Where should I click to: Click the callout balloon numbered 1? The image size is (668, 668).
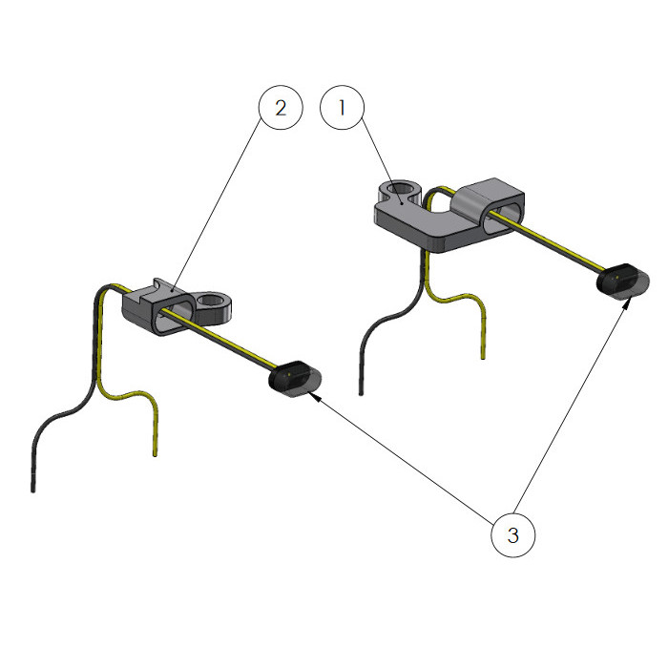click(x=342, y=108)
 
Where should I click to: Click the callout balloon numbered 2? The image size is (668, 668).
click(x=281, y=108)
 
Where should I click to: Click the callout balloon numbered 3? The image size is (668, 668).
click(x=513, y=535)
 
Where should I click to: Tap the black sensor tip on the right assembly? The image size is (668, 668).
click(x=623, y=282)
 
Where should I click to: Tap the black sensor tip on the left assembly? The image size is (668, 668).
click(x=295, y=379)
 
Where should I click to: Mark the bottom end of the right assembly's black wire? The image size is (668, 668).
click(x=362, y=394)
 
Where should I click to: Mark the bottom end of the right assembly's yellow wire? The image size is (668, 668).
click(x=483, y=357)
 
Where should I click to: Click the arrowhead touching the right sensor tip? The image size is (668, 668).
click(x=627, y=303)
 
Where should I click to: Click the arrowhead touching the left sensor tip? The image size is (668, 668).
click(x=314, y=397)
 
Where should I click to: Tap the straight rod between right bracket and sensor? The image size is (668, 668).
click(x=547, y=242)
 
